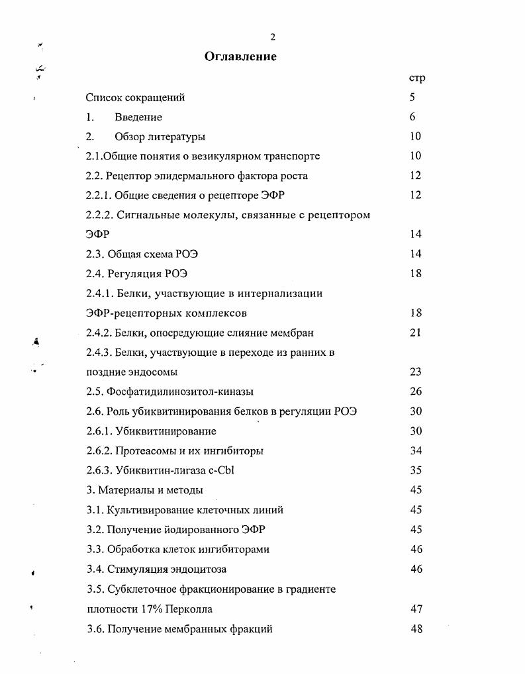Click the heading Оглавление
240,56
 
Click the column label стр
416,78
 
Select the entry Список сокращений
135,98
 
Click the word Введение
138,118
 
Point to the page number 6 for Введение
412,117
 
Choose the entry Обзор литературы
160,137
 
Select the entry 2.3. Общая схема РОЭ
142,254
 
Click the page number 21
415,333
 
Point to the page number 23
415,372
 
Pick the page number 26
416,392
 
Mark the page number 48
416,629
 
